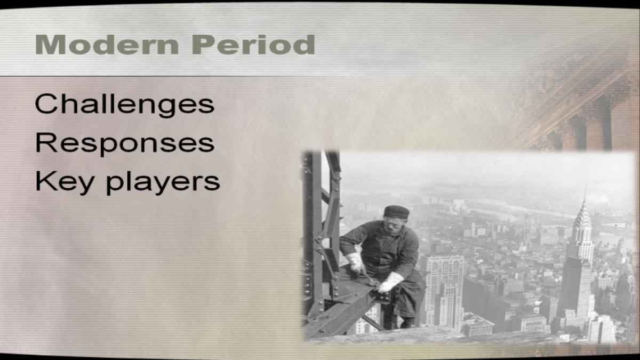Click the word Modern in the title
click(x=107, y=45)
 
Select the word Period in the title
click(x=253, y=45)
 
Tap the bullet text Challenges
click(x=125, y=105)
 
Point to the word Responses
click(x=125, y=144)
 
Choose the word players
click(x=163, y=183)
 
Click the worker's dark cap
click(x=397, y=212)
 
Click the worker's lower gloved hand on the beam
click(x=390, y=282)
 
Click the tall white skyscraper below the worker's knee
click(x=443, y=291)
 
